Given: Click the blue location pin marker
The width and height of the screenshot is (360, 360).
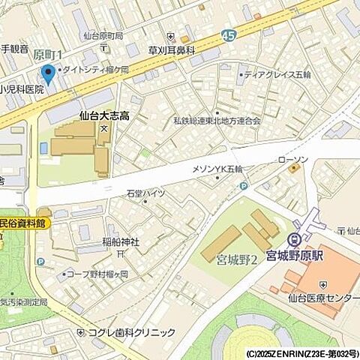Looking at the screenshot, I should tap(49, 74).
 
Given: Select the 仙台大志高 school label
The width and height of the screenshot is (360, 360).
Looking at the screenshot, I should tap(104, 116).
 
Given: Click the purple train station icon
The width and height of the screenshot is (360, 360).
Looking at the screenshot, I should tap(295, 240).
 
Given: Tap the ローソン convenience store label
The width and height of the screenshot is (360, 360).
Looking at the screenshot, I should tap(292, 160).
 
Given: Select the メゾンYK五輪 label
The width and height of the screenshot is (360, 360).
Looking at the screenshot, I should tap(217, 169).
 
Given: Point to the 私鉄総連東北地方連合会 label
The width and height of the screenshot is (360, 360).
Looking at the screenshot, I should tap(217, 120).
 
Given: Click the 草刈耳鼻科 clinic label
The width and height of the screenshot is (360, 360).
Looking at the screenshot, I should tap(172, 49).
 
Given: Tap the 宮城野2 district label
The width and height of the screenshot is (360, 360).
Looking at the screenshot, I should tap(237, 260).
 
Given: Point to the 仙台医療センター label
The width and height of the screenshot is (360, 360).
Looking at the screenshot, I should tap(325, 298).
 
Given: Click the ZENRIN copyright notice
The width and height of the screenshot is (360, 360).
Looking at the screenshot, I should tap(301, 353).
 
